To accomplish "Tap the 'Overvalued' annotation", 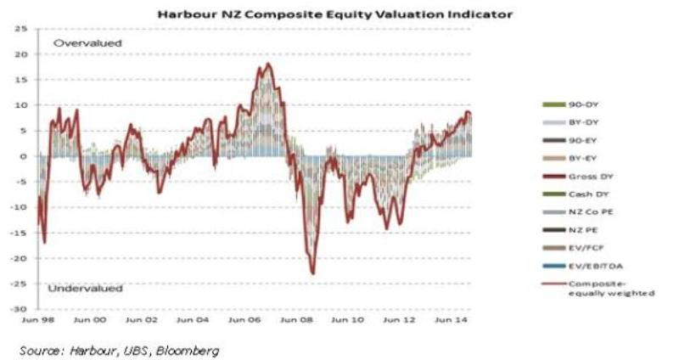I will [x=87, y=42].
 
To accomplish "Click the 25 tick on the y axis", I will [x=20, y=29].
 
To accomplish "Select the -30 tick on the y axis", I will [x=19, y=309].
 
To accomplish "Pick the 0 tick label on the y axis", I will [x=25, y=156].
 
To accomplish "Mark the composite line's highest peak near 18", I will [x=267, y=64].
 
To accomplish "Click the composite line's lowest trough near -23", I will [x=313, y=273].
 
